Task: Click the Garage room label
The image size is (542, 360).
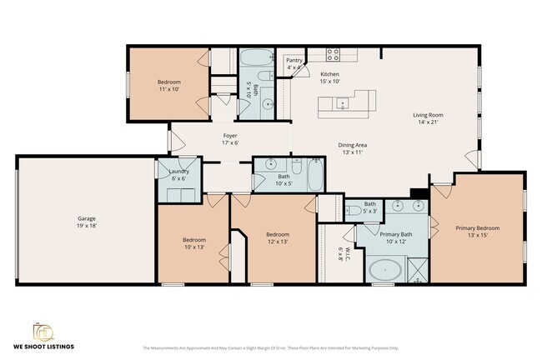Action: (x=82, y=221)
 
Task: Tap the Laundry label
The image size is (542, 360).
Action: (x=179, y=175)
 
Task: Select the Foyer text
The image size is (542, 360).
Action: (x=230, y=139)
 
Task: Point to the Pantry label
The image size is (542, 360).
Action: (x=294, y=64)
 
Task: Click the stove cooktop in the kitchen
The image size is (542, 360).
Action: (x=334, y=56)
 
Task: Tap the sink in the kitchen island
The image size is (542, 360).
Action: (x=343, y=104)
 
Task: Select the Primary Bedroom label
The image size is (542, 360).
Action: (x=477, y=232)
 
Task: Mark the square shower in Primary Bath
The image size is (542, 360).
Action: (x=417, y=269)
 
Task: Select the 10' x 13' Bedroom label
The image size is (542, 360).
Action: (x=193, y=243)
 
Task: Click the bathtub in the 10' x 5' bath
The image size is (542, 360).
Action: (x=317, y=174)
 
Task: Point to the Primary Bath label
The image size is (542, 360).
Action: (x=396, y=238)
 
